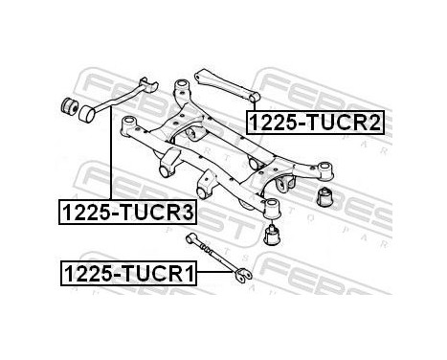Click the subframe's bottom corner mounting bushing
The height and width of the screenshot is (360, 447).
tap(272, 206)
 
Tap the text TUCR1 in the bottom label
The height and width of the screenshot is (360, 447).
tap(159, 274)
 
